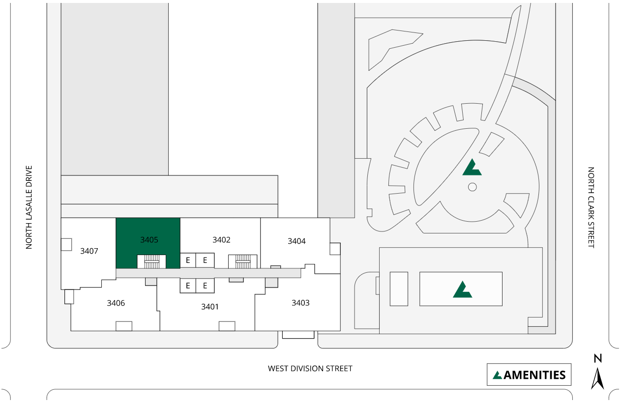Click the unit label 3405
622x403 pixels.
coord(149,240)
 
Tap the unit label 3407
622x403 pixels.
coord(89,251)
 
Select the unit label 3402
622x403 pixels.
coord(221,240)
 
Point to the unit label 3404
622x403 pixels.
coord(296,241)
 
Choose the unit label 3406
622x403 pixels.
coord(116,303)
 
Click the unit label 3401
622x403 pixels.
coord(209,307)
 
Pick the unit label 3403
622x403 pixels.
coord(300,303)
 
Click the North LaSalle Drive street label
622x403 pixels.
coord(29,207)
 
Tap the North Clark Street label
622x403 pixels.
coord(591,207)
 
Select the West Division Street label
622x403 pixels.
coord(310,368)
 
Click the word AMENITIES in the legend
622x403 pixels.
coord(534,375)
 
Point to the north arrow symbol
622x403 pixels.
coord(597,379)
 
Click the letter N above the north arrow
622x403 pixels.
coord(597,359)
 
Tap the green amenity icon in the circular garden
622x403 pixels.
coord(472,168)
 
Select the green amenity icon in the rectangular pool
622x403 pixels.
coord(462,289)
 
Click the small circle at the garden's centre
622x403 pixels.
coord(473,187)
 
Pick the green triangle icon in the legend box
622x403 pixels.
coord(498,375)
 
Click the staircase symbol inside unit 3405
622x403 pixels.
coord(151,261)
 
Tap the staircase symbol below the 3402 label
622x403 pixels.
coord(243,261)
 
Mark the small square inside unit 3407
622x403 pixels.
coord(66,245)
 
